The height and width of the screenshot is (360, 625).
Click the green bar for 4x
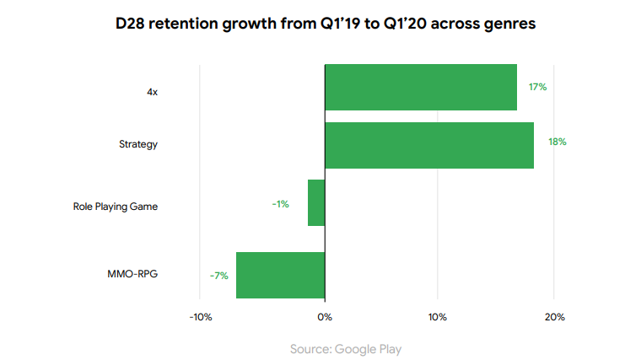[421, 87]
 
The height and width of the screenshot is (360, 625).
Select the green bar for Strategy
[429, 145]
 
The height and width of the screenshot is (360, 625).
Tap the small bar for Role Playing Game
[316, 203]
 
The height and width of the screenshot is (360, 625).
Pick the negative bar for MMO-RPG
[280, 275]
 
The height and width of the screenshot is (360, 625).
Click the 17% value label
[538, 87]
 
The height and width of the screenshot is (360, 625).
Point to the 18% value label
[557, 142]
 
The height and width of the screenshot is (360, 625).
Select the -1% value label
[280, 204]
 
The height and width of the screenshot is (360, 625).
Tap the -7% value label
[218, 275]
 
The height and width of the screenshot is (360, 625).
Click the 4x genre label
[152, 92]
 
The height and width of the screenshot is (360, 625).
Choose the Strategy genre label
[138, 144]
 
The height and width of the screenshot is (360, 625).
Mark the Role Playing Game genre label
[116, 207]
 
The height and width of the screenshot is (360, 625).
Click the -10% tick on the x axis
[200, 317]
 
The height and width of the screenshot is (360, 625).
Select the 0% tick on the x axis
[325, 317]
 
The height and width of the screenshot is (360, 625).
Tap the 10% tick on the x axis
[437, 317]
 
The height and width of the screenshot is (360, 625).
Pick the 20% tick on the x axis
[553, 317]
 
